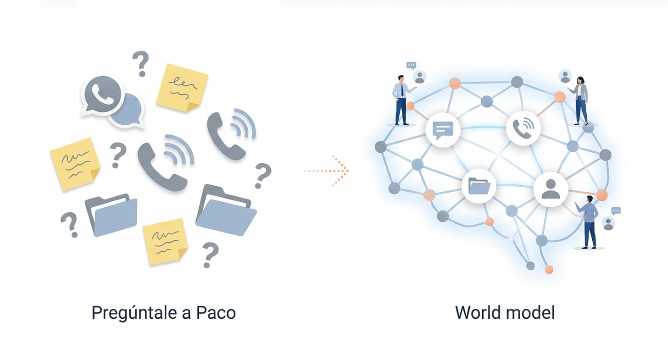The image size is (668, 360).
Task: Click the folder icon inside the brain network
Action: tap(479, 186)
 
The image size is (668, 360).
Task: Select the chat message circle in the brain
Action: tap(443, 130)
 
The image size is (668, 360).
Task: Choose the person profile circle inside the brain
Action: tap(551, 189)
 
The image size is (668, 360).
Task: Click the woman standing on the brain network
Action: tap(580, 100)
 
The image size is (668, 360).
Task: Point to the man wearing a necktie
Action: tap(403, 100)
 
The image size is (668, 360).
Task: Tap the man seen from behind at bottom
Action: tap(588, 222)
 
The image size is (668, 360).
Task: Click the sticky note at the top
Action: tap(182, 88)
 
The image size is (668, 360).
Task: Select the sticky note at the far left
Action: tap(75, 164)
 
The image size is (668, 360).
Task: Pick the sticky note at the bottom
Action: tap(165, 241)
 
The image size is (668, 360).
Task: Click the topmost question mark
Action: tap(141, 64)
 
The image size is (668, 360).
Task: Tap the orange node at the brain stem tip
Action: tap(549, 270)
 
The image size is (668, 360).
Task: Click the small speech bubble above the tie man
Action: tap(411, 66)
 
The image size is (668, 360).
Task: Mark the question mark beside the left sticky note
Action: tap(118, 155)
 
